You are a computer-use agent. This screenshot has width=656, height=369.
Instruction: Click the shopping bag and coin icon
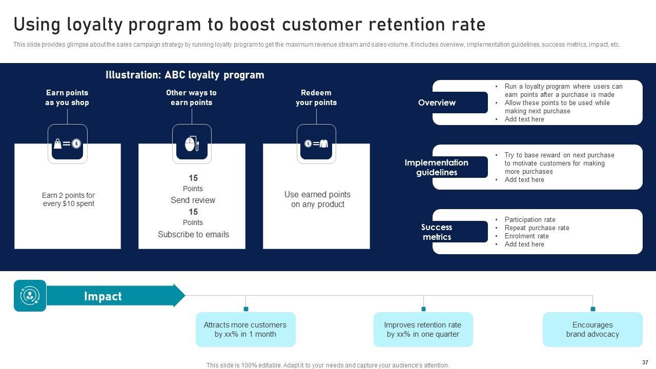tap(68, 143)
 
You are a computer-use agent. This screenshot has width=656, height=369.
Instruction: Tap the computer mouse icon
tap(192, 143)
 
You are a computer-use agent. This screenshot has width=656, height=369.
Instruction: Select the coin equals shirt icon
tap(316, 143)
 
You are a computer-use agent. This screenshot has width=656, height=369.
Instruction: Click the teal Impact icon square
tap(30, 296)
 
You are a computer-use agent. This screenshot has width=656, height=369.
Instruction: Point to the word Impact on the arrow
tap(102, 296)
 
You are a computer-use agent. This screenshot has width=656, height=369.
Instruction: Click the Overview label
tap(437, 102)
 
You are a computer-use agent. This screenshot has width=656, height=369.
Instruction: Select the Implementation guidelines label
tap(437, 167)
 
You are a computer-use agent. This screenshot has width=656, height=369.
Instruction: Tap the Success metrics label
tap(437, 232)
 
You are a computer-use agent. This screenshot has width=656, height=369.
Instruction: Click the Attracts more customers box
tap(245, 330)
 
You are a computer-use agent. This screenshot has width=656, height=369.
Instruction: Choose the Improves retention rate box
tap(423, 330)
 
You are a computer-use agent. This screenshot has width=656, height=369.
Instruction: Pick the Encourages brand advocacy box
tap(592, 330)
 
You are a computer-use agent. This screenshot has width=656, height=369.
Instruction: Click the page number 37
tap(645, 362)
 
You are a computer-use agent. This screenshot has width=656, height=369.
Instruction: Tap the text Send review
tap(193, 200)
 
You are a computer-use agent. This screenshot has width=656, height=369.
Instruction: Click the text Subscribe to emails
tap(193, 234)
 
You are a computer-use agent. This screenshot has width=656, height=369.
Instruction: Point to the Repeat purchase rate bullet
tap(537, 228)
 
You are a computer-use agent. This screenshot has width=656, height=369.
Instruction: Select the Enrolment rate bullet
tap(526, 236)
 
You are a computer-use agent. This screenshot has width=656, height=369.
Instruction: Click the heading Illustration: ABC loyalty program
tap(185, 75)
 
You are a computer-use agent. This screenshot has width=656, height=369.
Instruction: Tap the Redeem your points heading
tap(316, 97)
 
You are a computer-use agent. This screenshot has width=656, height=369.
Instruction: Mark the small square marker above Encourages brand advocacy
tap(593, 309)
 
